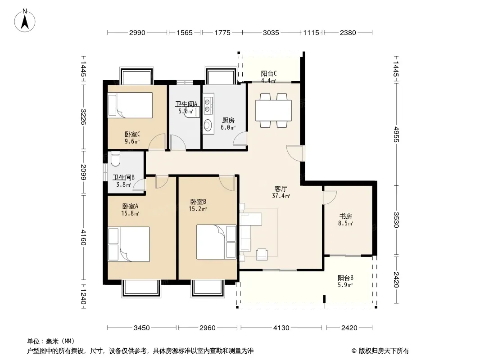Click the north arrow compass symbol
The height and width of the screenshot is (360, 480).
tap(25, 21)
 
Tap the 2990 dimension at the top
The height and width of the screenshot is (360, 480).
tap(137, 32)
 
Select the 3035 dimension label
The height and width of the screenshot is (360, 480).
tap(271, 32)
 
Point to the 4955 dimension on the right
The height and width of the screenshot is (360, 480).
tap(396, 134)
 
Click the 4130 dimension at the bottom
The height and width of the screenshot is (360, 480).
tap(281, 328)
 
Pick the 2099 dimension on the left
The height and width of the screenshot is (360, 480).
tap(83, 172)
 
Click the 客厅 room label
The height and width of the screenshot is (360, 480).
tap(281, 189)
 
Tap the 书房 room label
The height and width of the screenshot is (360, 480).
tap(345, 216)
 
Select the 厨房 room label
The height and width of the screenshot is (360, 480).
tap(228, 121)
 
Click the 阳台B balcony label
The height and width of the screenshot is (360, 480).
tap(345, 278)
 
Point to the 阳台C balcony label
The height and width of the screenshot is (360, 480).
tap(269, 73)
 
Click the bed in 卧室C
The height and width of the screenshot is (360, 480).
tap(130, 105)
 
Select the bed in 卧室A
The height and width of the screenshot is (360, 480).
tap(129, 244)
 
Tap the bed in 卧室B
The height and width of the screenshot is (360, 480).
tap(216, 242)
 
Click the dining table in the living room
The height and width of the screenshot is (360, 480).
tap(273, 110)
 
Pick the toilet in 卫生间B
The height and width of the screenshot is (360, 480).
tap(115, 159)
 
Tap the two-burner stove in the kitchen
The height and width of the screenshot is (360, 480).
tap(208, 105)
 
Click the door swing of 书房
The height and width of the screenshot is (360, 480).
tap(330, 198)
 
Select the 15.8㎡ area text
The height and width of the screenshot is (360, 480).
tap(130, 213)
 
